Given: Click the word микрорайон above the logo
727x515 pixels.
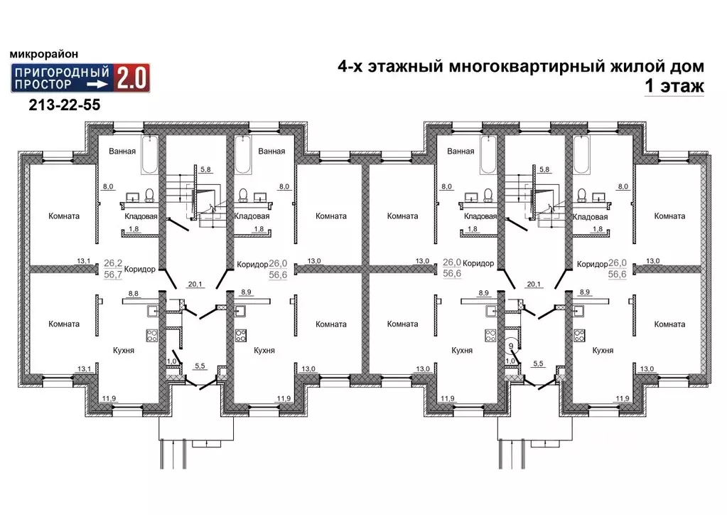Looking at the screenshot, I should [44, 54].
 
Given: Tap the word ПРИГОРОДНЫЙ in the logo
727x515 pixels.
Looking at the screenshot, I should [61, 72].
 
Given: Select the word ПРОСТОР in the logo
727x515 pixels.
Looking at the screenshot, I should [45, 84].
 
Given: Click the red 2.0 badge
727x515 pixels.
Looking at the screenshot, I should [132, 78].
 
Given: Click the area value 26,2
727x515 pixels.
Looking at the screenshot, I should [113, 262].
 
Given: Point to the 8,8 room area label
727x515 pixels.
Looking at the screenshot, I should [133, 292].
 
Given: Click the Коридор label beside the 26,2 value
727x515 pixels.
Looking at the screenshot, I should [139, 269].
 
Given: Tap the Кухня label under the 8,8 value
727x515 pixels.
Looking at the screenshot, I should [124, 351].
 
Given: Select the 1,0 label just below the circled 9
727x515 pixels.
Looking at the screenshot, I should [510, 361].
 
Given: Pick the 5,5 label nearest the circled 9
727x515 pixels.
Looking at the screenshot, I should [539, 364].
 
